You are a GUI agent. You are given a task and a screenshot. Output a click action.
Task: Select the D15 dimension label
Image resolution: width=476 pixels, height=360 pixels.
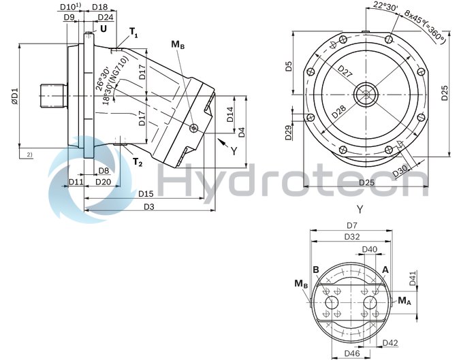pyautogui.click(x=146, y=194)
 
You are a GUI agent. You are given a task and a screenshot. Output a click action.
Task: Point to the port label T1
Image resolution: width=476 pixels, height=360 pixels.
pyautogui.click(x=133, y=31)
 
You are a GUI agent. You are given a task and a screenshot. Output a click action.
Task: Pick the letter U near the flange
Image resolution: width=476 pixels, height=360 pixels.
pyautogui.click(x=104, y=29)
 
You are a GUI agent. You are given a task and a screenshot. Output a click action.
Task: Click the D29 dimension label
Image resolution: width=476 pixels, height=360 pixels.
pyautogui.click(x=289, y=132)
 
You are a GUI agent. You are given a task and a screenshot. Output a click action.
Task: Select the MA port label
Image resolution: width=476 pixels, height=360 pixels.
pyautogui.click(x=404, y=300)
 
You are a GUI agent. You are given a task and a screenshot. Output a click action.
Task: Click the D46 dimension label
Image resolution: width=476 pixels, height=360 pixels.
pyautogui.click(x=351, y=354)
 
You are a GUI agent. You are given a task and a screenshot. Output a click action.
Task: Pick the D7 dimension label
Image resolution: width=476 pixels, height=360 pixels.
pyautogui.click(x=351, y=225)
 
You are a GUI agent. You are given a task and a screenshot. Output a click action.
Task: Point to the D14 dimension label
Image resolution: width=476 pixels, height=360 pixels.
pyautogui.click(x=230, y=114)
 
